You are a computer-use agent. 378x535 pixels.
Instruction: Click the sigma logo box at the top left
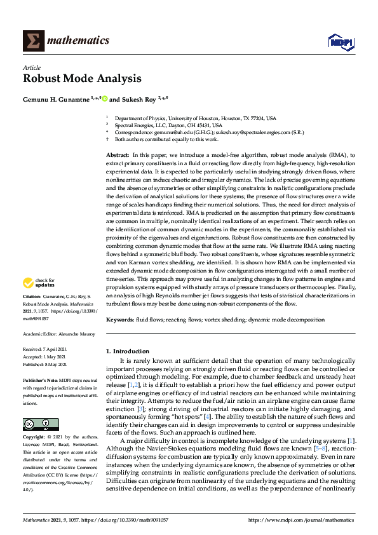(32, 41)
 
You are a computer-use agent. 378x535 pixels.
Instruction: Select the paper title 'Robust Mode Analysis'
(82, 79)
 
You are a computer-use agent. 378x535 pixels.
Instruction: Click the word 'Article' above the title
(32, 67)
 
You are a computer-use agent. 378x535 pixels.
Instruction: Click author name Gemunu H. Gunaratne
(58, 100)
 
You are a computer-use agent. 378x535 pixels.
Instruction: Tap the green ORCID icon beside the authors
(105, 99)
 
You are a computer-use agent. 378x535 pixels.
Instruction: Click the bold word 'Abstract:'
(118, 155)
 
